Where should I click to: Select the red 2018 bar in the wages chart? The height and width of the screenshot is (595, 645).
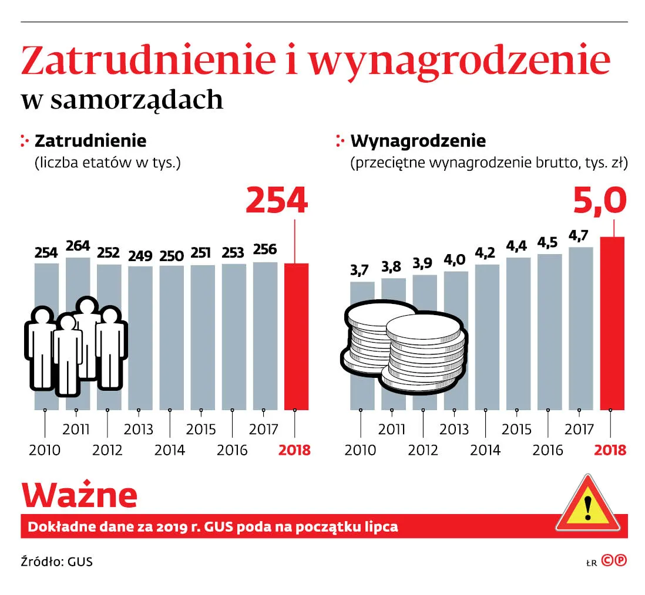612,323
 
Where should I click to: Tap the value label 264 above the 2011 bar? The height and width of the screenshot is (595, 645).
78,246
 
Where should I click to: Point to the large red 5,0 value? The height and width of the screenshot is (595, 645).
599,201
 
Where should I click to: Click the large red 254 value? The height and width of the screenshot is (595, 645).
276,201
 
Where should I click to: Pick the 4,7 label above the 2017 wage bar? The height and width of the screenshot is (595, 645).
580,236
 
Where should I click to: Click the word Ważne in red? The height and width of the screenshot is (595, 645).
79,496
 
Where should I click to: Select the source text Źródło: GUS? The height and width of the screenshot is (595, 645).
57,562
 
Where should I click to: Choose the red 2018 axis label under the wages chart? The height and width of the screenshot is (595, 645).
610,451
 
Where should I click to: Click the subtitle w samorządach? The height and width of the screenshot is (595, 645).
122,100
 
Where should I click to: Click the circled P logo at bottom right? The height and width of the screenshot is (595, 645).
621,560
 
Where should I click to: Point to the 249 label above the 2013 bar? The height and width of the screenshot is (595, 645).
140,256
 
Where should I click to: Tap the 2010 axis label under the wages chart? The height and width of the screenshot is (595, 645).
360,451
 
